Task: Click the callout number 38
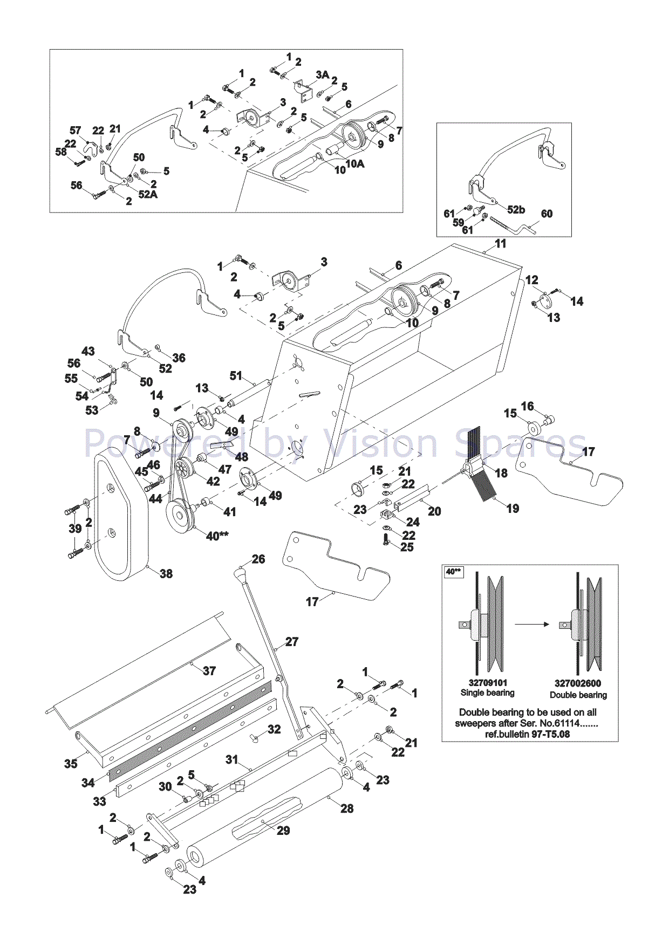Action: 166,574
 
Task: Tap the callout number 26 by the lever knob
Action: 258,559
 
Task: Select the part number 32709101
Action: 488,683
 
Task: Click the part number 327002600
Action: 577,683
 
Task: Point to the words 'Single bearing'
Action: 487,693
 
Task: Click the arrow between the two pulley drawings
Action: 531,625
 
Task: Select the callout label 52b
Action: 516,210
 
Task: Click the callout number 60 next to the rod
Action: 547,214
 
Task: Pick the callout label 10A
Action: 354,163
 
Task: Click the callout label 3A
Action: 322,74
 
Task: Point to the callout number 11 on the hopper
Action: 501,244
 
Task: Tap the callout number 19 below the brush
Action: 513,508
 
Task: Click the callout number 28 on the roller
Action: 347,808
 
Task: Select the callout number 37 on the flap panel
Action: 209,670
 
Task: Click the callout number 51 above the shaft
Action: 236,375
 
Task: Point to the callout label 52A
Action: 148,194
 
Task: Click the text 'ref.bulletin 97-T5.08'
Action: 527,734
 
